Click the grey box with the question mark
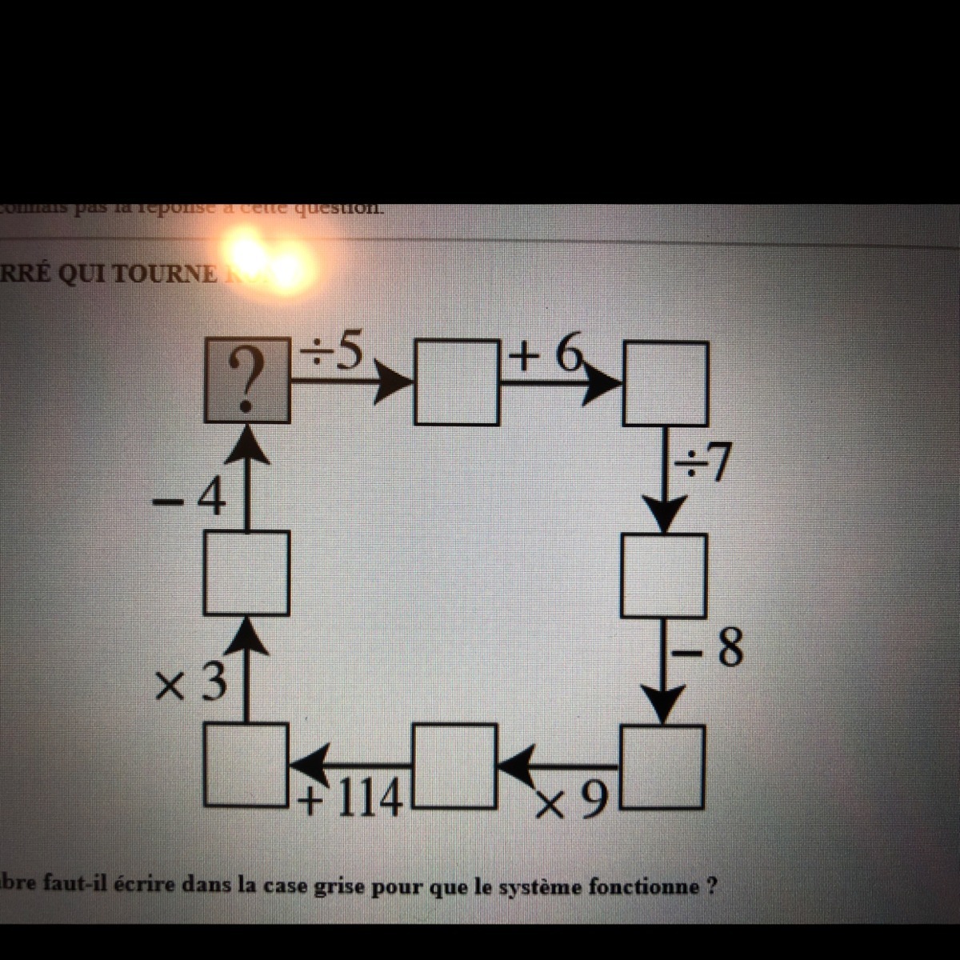click(x=246, y=378)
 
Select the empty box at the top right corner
click(x=666, y=382)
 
